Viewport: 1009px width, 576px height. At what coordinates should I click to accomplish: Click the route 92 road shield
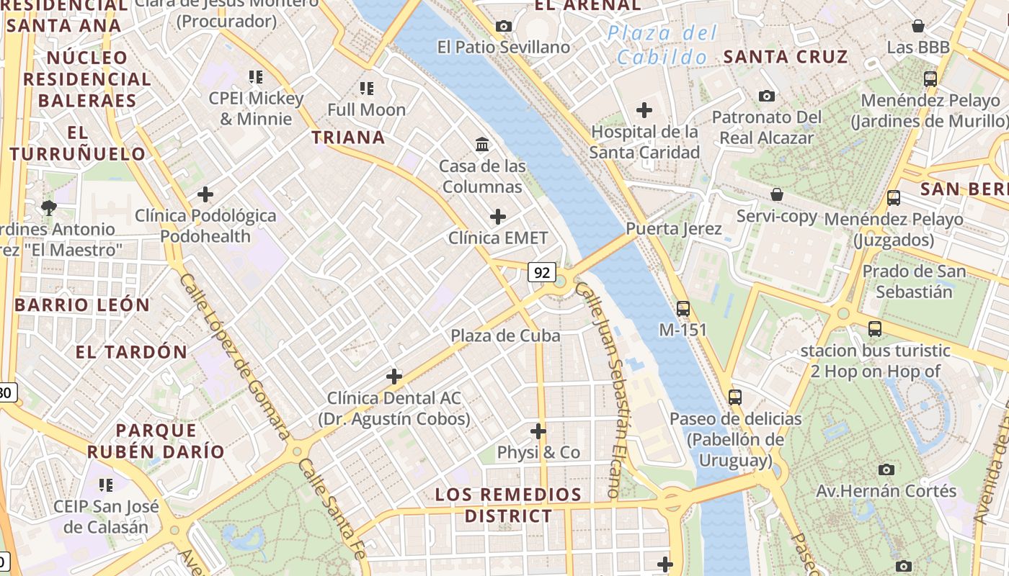pos(542,272)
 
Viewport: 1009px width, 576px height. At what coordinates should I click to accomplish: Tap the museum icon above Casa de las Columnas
pos(482,145)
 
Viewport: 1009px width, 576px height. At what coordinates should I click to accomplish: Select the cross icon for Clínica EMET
pos(497,216)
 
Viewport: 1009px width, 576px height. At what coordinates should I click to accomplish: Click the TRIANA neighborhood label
pos(348,137)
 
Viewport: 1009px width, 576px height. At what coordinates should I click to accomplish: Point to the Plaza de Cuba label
pos(505,336)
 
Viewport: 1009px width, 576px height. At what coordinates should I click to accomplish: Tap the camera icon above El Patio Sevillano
pos(504,27)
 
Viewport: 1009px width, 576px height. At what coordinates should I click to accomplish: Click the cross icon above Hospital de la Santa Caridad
pos(644,110)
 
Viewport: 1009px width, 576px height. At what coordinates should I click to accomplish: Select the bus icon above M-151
pos(683,309)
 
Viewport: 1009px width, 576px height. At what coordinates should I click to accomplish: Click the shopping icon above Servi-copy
pos(777,194)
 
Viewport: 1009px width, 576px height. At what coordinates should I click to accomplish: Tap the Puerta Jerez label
pos(673,229)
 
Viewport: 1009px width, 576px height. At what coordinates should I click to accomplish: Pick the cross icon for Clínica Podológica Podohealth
pos(205,194)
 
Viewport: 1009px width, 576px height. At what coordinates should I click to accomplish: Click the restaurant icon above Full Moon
pos(367,89)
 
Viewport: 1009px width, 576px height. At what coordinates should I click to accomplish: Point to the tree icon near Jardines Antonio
pos(49,208)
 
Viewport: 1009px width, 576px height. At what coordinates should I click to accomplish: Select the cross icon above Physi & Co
pos(538,431)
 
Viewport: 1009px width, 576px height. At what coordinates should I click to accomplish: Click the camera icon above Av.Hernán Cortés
pos(886,469)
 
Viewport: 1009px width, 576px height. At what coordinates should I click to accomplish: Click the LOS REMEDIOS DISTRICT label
pos(508,505)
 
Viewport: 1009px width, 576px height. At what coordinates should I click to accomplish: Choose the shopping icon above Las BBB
pos(918,27)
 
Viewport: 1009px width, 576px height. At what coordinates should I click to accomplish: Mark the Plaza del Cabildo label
pos(662,45)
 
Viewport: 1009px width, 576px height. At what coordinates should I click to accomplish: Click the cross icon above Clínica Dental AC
pos(394,376)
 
